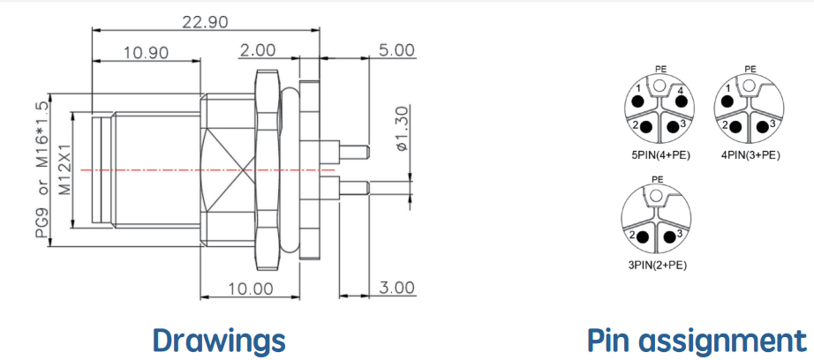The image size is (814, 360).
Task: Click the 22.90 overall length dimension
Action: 205,22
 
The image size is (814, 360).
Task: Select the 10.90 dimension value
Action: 146,52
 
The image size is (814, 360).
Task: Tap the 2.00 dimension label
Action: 257,50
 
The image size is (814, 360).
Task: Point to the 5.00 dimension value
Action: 396,50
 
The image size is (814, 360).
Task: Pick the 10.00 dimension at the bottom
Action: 249,289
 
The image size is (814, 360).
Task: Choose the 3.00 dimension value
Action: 396,288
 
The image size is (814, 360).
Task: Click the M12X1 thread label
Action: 64,169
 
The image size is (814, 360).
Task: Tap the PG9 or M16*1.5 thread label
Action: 42,169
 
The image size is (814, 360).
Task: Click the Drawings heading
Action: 219,341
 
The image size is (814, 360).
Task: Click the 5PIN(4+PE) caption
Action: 658,154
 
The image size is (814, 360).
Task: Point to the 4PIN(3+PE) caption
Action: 750,154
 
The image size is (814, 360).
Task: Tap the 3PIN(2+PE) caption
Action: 658,266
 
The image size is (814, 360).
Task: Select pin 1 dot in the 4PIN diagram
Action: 727,100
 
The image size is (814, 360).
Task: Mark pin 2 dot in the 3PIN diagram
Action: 644,237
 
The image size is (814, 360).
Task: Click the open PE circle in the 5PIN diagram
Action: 659,85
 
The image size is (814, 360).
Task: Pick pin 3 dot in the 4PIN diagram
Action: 763,126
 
